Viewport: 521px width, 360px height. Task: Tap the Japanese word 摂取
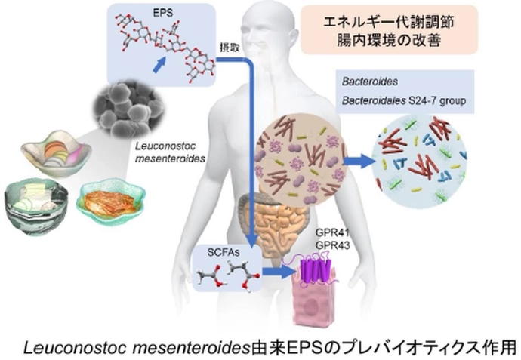tap(228, 46)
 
